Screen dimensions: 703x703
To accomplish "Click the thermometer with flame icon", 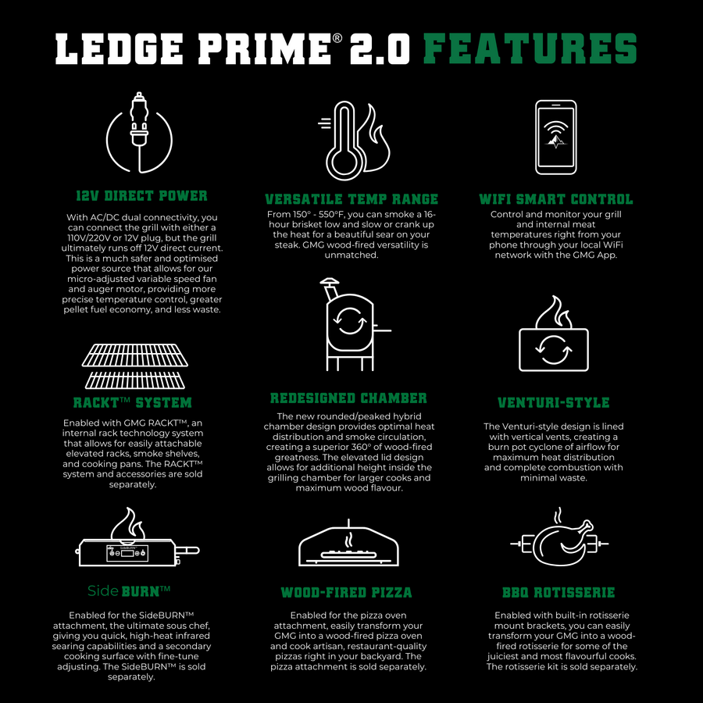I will (x=351, y=145).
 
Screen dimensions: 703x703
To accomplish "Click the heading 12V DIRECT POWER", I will (x=141, y=195).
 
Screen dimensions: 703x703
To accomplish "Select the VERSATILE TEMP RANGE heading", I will (x=351, y=199).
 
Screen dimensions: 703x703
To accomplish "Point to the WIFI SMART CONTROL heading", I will (x=555, y=199).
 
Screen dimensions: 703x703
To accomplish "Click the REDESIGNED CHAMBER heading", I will (x=348, y=398).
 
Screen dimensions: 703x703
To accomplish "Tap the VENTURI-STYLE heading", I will (x=553, y=403).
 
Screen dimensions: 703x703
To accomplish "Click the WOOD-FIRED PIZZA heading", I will (x=347, y=593).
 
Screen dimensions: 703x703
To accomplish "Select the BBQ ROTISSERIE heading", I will (x=558, y=593).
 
